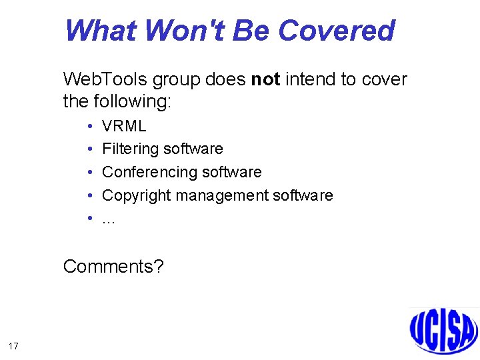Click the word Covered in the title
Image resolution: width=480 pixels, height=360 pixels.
336,31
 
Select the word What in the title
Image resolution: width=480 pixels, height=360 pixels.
101,31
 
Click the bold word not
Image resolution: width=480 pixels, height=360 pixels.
265,79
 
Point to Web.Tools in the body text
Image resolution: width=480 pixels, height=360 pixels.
105,79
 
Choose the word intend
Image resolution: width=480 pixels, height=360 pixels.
311,79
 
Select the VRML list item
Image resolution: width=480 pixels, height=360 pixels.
124,126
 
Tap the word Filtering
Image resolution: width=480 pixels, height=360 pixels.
130,149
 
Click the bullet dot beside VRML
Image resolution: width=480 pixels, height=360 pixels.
89,126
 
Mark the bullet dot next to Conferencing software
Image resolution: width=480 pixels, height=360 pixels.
89,172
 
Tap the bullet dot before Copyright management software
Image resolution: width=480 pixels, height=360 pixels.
89,195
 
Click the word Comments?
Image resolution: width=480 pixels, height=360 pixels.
113,267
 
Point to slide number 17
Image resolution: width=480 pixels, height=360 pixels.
13,345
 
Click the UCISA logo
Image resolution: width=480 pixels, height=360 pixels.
443,329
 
